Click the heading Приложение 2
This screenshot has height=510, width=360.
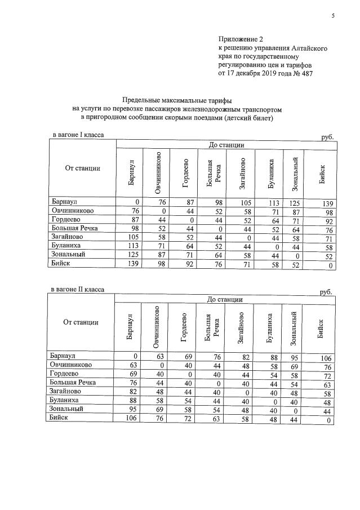coord(241,39)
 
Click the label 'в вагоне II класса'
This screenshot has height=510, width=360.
coord(78,290)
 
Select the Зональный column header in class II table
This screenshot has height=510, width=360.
coord(293,327)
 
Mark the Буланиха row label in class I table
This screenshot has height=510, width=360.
coord(66,247)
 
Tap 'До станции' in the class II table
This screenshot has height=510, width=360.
coord(225,299)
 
